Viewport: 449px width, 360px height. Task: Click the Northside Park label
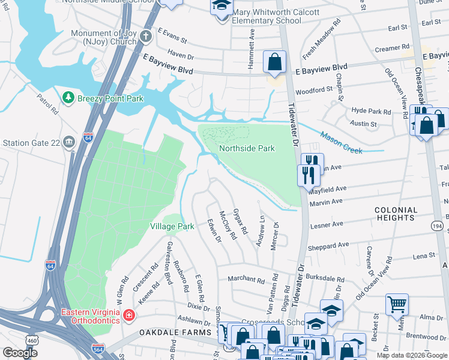tap(247, 148)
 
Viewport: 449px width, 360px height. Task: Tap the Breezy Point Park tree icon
tap(68, 97)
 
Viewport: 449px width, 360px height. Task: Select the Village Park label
tap(172, 226)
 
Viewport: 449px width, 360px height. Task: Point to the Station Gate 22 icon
tap(69, 143)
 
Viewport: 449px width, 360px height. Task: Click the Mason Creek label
tap(341, 142)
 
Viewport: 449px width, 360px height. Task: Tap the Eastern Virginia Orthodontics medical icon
tap(128, 315)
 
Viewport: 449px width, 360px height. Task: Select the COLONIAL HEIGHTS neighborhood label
tap(396, 214)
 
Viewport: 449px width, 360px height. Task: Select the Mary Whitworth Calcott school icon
tap(221, 7)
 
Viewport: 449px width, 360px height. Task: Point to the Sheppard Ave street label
tap(328, 245)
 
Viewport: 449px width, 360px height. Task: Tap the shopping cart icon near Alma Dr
tap(397, 305)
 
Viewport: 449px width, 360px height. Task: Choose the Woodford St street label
tap(314, 90)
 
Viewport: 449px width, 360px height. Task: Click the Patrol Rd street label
tap(47, 104)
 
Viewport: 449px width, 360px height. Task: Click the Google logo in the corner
tap(20, 353)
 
